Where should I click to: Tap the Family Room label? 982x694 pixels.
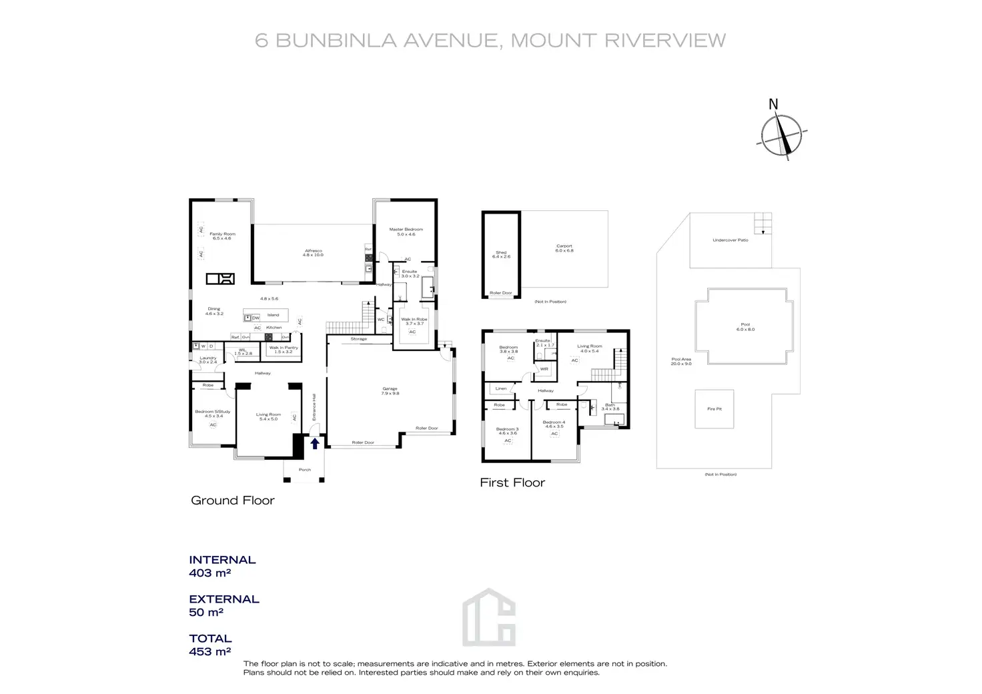222,236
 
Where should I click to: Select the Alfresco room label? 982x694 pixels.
313,252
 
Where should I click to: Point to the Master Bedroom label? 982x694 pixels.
406,232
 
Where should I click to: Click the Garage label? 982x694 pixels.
390,390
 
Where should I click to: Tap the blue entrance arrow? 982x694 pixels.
314,442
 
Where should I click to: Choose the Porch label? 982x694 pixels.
305,470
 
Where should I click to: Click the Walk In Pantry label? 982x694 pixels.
284,349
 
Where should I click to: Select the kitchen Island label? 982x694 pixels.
273,315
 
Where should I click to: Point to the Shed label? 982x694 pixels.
501,254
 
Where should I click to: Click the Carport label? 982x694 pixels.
564,248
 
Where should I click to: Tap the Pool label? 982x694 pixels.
745,326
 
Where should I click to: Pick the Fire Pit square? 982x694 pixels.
714,409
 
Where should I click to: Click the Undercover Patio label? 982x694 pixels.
730,240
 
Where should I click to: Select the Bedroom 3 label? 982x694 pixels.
507,431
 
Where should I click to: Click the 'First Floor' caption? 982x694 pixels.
512,482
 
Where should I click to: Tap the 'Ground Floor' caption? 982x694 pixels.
232,500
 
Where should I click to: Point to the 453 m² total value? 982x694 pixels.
209,652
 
